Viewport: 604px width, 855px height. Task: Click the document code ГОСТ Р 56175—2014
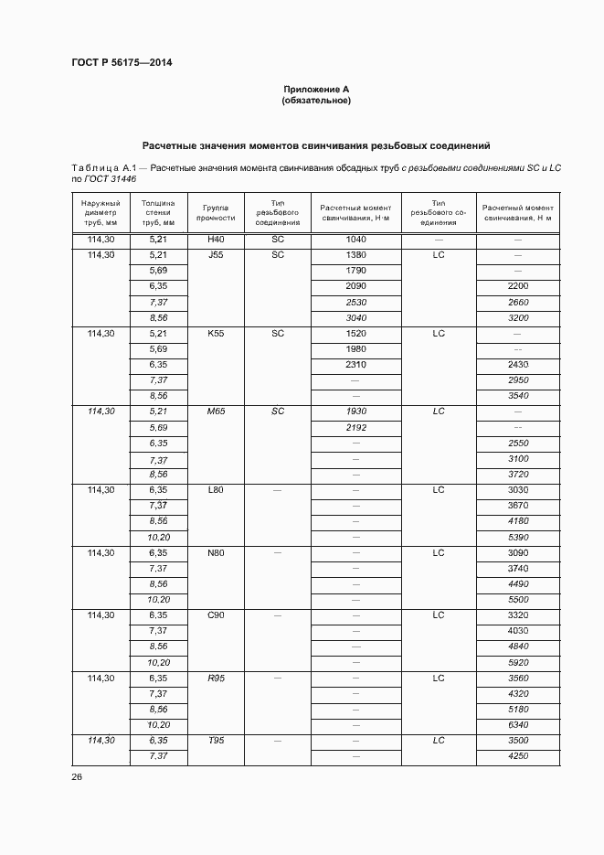point(122,62)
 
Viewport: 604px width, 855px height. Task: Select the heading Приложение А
point(316,90)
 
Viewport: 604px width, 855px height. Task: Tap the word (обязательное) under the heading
point(316,101)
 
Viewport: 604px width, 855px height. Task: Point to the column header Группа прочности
point(216,213)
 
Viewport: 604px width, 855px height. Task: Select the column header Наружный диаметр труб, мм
point(101,212)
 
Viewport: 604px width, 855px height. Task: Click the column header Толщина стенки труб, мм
point(158,212)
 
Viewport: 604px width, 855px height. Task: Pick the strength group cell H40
point(216,239)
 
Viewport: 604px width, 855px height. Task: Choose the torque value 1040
point(355,239)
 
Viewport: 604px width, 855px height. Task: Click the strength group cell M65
point(216,411)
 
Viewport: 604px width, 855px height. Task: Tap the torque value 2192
point(355,427)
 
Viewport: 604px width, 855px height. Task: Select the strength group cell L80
point(216,490)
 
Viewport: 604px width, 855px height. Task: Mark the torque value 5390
point(518,537)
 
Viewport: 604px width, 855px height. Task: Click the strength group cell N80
point(216,553)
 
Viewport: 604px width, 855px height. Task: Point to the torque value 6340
point(518,725)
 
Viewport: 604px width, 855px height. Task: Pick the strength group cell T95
point(216,741)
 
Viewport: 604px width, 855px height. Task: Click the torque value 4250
point(518,756)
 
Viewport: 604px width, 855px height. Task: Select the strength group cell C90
point(216,615)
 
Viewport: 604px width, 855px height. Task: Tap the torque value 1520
point(355,334)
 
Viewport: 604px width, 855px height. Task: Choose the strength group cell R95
point(216,679)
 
